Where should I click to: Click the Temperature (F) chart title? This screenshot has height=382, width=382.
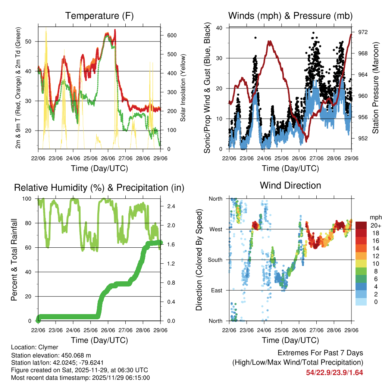[99, 16]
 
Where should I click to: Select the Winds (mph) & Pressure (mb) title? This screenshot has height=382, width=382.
[290, 16]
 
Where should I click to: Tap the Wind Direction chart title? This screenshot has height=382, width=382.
[290, 185]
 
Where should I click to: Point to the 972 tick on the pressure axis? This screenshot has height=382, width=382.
[363, 32]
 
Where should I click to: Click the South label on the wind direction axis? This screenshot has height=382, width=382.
[215, 260]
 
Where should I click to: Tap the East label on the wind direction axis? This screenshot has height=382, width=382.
[216, 290]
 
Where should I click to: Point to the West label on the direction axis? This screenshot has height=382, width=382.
[216, 229]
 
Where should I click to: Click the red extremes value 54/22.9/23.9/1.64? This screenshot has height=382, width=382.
[334, 373]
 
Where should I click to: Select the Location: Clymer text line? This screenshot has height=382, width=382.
[35, 347]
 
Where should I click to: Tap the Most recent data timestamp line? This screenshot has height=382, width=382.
[81, 378]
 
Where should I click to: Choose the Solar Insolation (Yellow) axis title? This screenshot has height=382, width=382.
[183, 88]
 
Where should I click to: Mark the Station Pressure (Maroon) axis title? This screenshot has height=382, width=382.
[376, 88]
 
